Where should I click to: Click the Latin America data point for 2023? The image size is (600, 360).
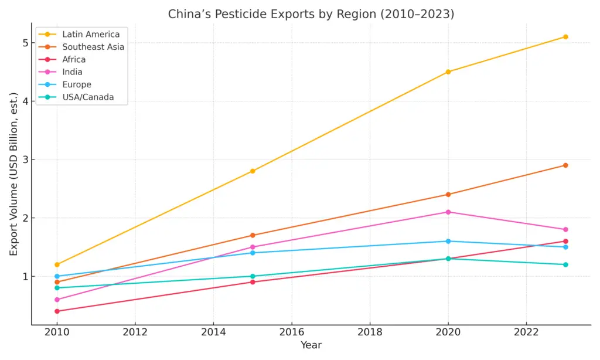565,37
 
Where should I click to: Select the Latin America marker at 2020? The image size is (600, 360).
448,72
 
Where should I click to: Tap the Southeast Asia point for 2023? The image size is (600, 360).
565,165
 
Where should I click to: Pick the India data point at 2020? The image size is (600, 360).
448,212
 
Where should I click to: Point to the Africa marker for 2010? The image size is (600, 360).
57,311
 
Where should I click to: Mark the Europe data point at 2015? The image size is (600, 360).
253,253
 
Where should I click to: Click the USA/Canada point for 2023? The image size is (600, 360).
565,264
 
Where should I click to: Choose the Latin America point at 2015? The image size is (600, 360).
253,171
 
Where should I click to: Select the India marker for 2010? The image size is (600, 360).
57,300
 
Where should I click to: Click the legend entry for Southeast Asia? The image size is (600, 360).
93,47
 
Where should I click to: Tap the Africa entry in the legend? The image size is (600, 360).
74,59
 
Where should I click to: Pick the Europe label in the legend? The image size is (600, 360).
76,84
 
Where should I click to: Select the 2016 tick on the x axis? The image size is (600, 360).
291,331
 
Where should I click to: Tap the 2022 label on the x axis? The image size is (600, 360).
526,331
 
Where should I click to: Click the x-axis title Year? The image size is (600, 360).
311,345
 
